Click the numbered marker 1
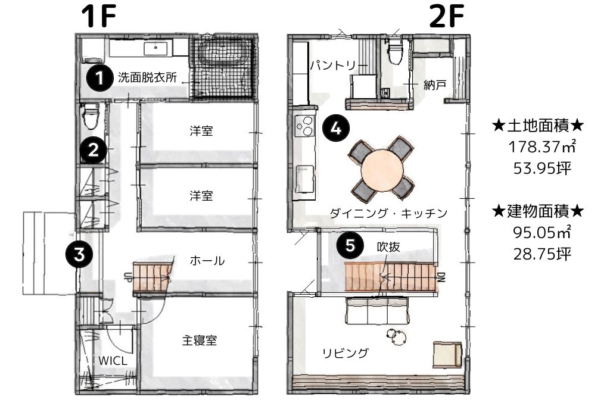99,78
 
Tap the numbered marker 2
94,150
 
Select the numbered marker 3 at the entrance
79,255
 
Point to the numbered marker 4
336,127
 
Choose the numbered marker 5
350,245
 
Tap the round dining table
382,170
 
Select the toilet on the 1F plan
91,115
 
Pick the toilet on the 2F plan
396,51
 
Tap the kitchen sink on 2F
305,179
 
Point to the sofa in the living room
377,311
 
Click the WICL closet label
113,361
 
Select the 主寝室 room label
199,341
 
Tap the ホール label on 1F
207,261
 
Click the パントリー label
333,65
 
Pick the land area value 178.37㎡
542,146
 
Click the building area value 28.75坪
542,254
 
